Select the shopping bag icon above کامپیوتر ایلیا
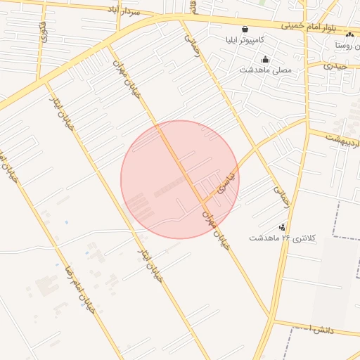245,30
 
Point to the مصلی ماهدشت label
265,70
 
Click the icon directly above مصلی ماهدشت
265,59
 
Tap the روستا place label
348,44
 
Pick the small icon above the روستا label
349,34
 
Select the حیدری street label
339,65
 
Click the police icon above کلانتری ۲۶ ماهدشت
283,227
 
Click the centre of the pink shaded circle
180,179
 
